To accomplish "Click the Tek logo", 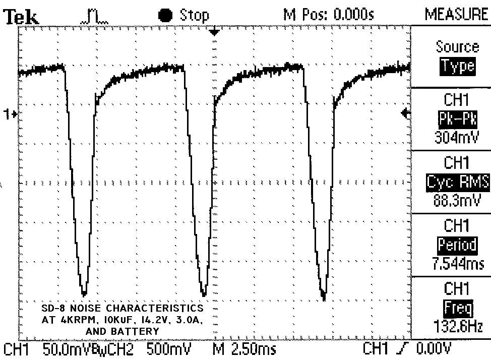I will (21, 17).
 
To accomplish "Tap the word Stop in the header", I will (194, 15).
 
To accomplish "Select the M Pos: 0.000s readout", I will (329, 15).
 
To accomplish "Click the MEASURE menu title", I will (456, 14).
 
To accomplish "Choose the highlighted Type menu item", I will (457, 67).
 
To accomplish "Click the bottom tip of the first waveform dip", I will (84, 294).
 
